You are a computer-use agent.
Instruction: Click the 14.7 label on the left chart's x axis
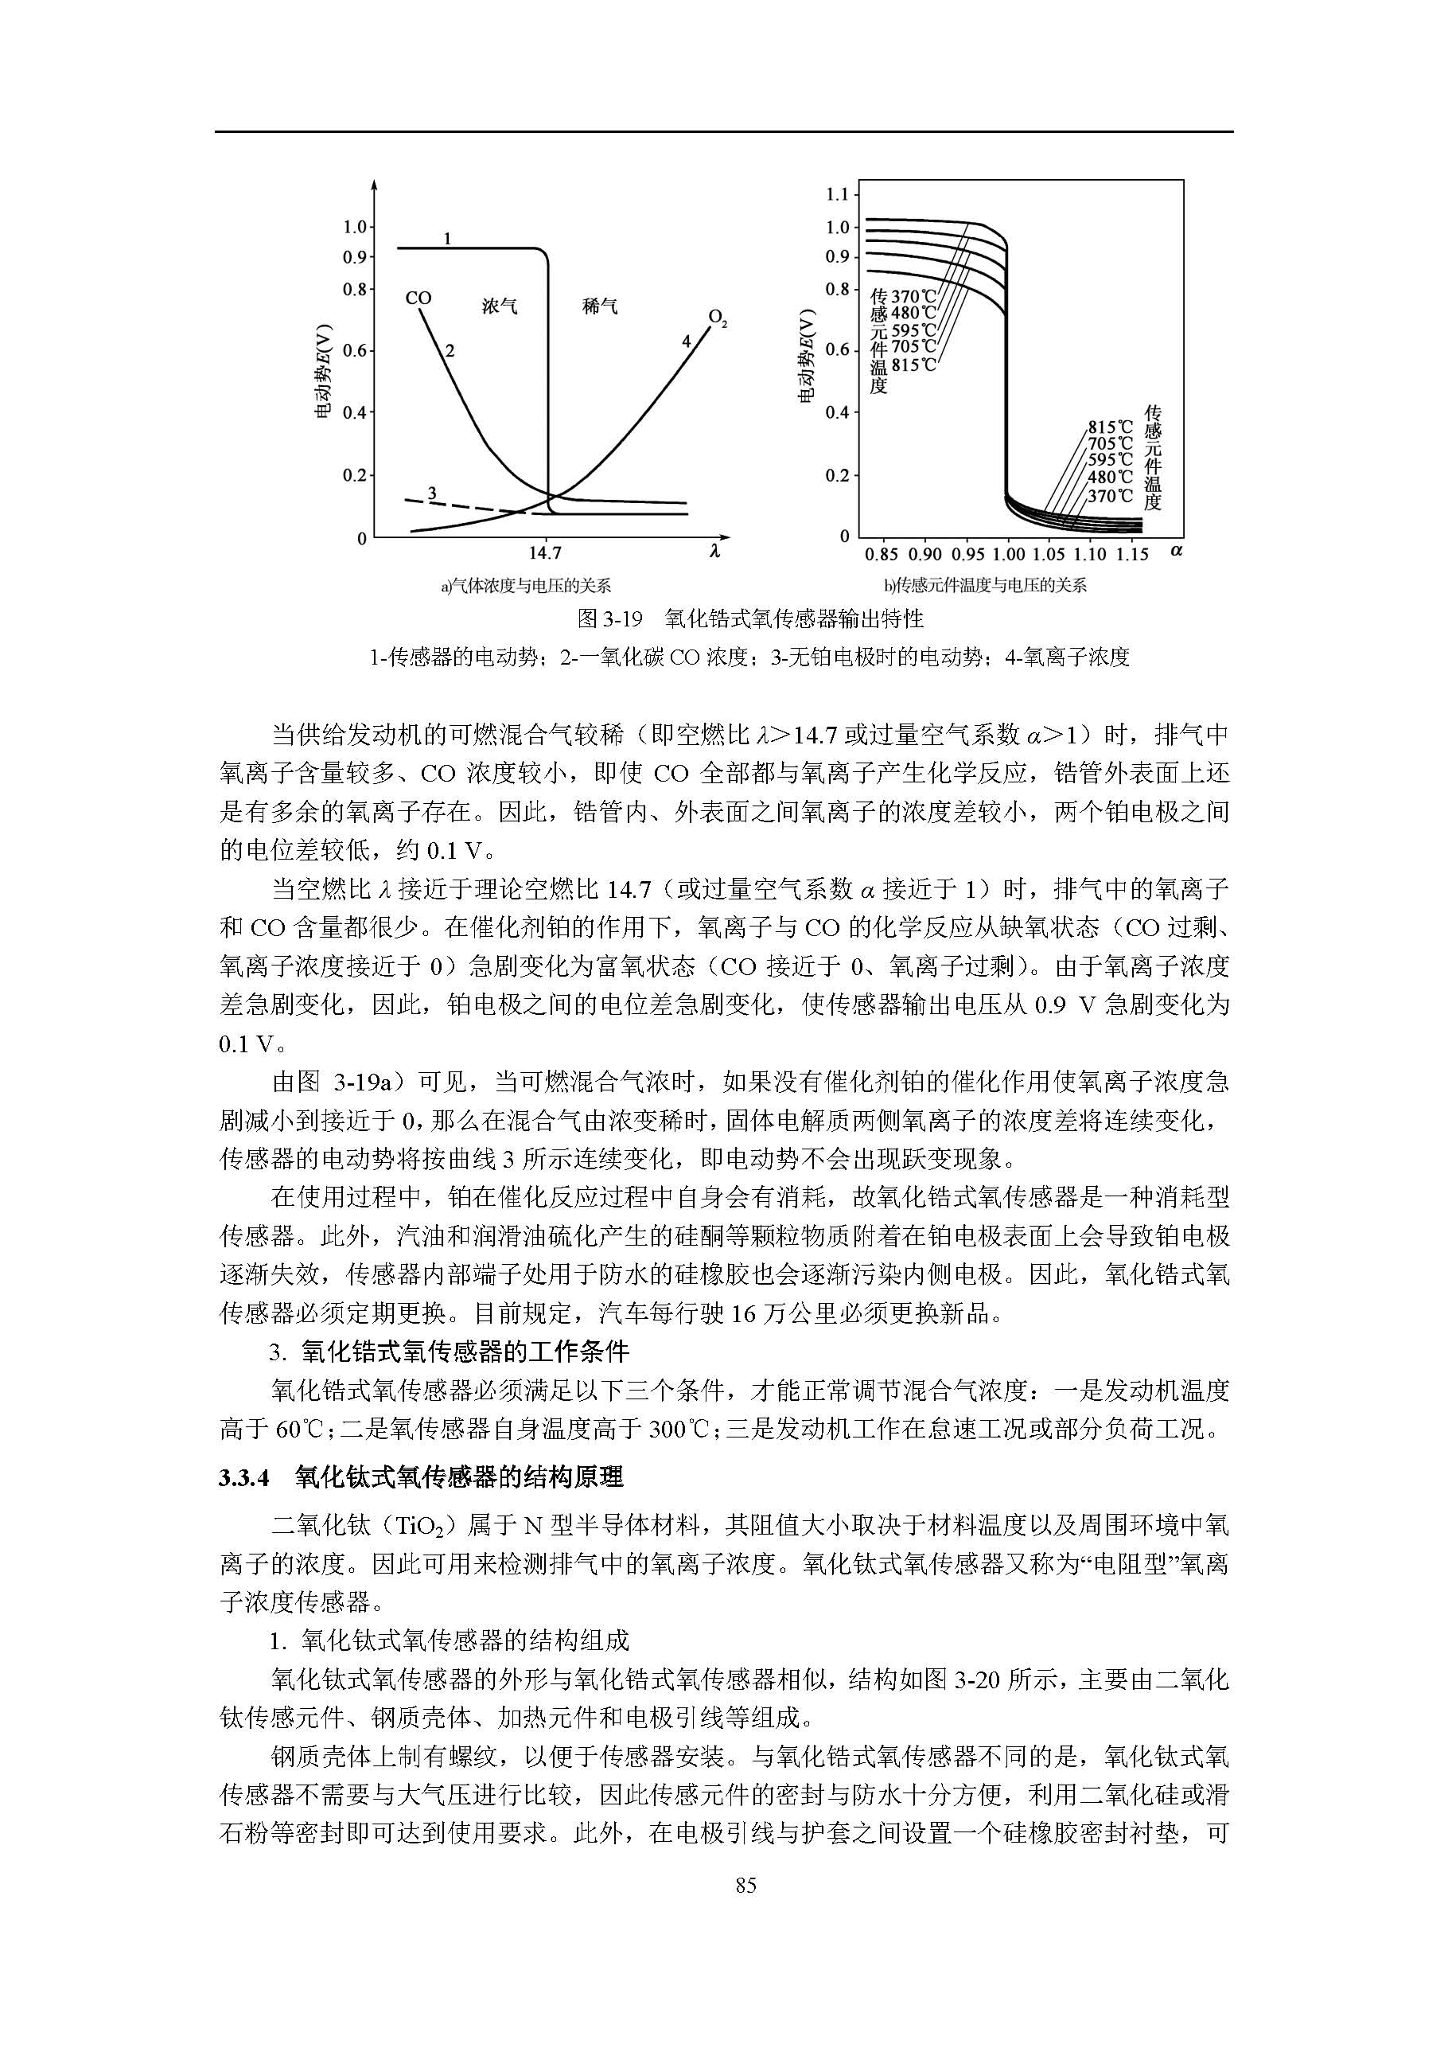[x=545, y=553]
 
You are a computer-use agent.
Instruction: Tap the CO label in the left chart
[x=418, y=298]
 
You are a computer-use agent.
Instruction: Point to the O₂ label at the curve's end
[x=718, y=318]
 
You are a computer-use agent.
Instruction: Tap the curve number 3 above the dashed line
[x=431, y=493]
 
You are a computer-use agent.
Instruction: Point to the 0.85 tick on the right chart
[x=881, y=554]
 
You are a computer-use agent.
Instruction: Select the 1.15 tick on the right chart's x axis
[x=1132, y=554]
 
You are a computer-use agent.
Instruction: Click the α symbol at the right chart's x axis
[x=1176, y=550]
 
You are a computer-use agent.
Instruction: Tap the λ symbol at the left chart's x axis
[x=714, y=552]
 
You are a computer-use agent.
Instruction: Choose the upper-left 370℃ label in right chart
[x=914, y=296]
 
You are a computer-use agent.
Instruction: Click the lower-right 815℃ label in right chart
[x=1110, y=427]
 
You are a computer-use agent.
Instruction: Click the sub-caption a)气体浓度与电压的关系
[x=526, y=585]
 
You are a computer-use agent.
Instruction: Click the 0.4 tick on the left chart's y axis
[x=355, y=413]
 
